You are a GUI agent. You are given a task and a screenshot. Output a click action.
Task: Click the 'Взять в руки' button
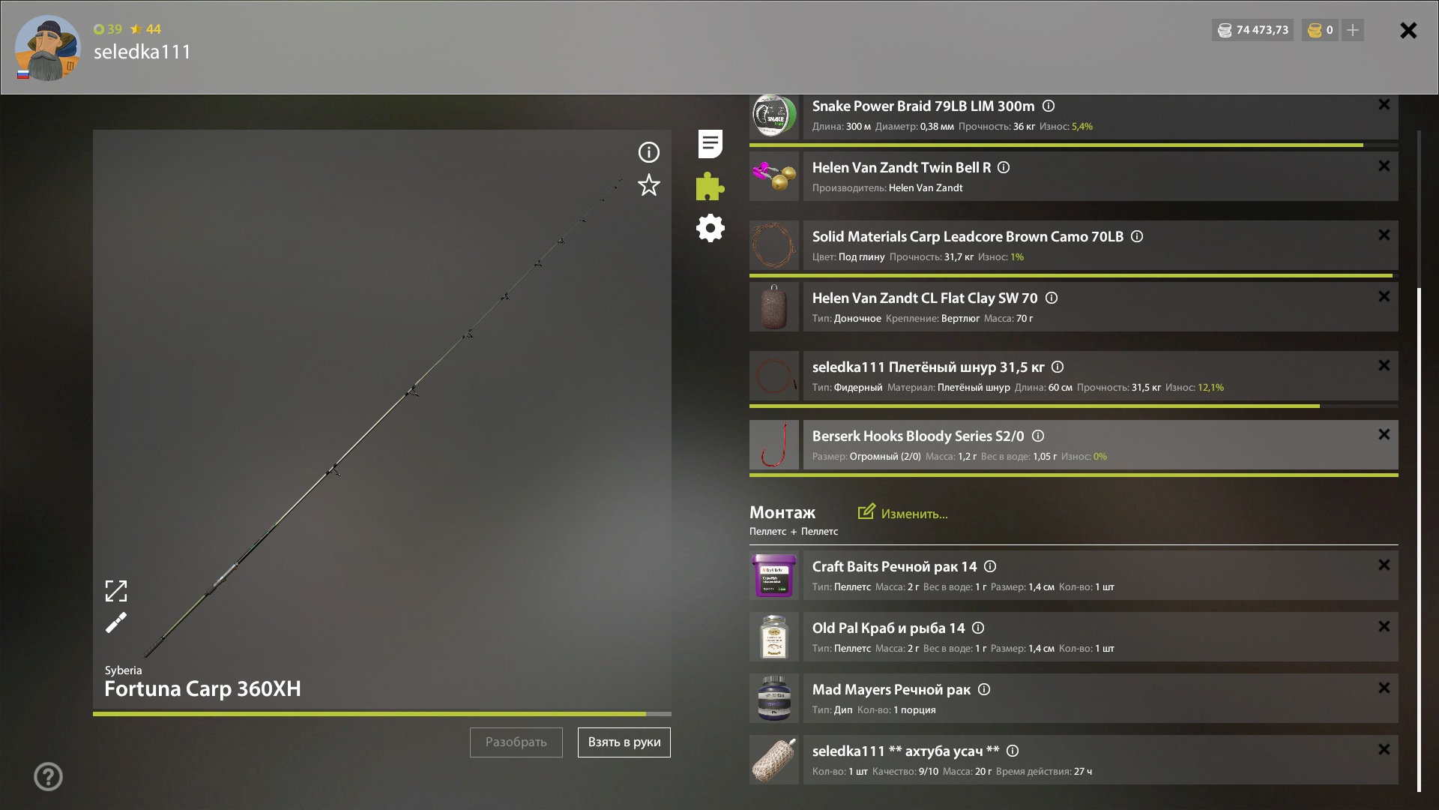[x=624, y=742]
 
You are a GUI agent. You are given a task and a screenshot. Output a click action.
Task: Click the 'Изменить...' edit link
[x=903, y=513]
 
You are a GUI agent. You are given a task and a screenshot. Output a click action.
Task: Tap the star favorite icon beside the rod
[x=649, y=185]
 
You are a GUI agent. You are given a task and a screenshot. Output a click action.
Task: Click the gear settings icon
[x=711, y=228]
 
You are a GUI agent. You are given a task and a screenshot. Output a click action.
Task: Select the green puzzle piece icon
[x=710, y=186]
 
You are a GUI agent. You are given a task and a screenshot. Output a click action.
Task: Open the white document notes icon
[x=711, y=144]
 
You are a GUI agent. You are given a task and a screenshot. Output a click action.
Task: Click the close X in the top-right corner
[x=1408, y=30]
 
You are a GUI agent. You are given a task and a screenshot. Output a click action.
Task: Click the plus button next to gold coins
[x=1353, y=30]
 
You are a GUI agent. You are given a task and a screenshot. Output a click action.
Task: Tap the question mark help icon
[x=48, y=777]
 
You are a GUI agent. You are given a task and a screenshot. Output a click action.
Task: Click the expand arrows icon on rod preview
[x=116, y=591]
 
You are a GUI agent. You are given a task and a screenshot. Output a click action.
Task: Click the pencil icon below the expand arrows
[x=116, y=622]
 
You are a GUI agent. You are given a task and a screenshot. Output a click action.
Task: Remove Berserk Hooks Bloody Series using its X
[x=1384, y=434]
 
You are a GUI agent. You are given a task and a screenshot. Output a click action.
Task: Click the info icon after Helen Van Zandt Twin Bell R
[x=1004, y=167]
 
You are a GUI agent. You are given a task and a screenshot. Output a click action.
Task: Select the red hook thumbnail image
[x=774, y=445]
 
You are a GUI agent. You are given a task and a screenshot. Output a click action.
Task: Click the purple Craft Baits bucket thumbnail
[x=774, y=575]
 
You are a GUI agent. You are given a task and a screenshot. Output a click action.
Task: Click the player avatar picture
[x=48, y=48]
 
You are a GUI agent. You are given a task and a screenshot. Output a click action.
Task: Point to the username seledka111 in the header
[x=142, y=52]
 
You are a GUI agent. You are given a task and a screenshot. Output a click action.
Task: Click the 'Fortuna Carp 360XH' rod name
[x=202, y=688]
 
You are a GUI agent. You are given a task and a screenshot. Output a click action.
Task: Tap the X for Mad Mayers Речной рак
[x=1384, y=688]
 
